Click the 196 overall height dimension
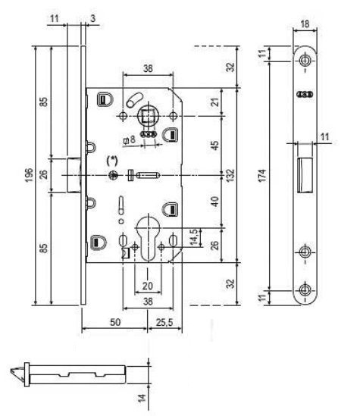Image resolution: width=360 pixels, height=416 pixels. coord(29,175)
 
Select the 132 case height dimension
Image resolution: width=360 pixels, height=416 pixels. coord(230,175)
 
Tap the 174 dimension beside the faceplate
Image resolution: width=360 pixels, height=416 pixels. coord(262,175)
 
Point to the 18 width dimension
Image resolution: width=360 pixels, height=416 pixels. coord(305,24)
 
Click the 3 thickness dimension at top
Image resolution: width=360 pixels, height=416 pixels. coord(93,19)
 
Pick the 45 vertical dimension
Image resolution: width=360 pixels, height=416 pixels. coord(215,145)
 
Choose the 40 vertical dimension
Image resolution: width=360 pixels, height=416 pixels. coord(215,202)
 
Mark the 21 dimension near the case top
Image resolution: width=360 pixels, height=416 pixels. coord(215,102)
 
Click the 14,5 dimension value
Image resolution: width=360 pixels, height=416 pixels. coord(193,237)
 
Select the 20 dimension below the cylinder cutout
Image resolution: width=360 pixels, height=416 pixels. coord(148,286)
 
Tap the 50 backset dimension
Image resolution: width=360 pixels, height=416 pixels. coord(115,322)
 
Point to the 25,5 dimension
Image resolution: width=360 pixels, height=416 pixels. coord(164,322)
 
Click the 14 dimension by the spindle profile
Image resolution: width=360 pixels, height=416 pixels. coord(142,398)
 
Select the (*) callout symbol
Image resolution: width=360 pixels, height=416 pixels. coord(111,161)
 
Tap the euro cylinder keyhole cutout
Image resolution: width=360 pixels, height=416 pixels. coord(148,238)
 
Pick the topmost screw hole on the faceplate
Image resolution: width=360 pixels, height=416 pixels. coord(305,60)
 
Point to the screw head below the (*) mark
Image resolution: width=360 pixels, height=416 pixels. coord(113,175)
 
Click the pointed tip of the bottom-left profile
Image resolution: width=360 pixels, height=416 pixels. coord(11,370)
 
